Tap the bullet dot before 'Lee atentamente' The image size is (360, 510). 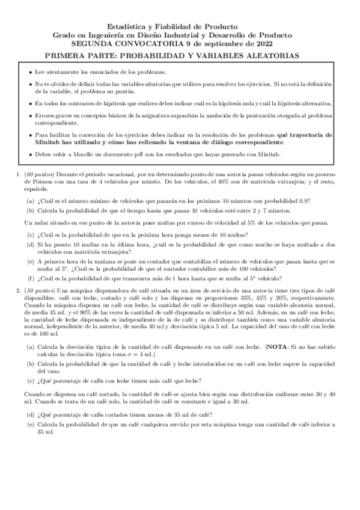coord(31,72)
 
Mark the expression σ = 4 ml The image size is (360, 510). coord(145,351)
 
